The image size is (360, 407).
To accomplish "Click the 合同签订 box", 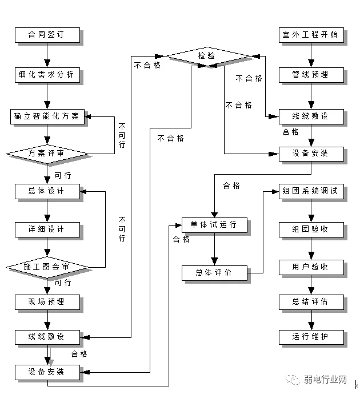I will coord(47,35).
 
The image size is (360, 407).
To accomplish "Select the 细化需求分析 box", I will coord(47,74).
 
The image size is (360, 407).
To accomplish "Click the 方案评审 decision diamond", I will coord(47,153).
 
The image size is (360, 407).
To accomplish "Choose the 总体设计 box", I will coord(47,191).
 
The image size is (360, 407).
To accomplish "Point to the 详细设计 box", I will coord(47,229).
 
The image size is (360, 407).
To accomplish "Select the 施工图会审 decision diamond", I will coord(47,267).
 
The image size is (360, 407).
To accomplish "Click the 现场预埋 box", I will coord(47,301).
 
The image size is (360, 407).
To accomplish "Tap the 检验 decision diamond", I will coord(207,55).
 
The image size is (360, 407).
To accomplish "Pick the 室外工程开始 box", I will coord(310,35).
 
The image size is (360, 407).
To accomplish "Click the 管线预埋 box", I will coord(310,74).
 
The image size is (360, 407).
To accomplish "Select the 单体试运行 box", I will coord(214,224).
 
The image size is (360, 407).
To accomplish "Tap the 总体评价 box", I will coord(214,272).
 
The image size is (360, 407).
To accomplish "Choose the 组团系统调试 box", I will coord(310,191).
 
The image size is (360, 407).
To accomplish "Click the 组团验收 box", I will coord(310,229).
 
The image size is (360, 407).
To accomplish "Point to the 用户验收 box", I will coord(310,267).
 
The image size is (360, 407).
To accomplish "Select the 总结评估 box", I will coord(310,301).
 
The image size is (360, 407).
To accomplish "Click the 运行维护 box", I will coord(310,336).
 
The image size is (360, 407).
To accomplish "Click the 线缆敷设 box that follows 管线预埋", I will coord(310,116).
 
